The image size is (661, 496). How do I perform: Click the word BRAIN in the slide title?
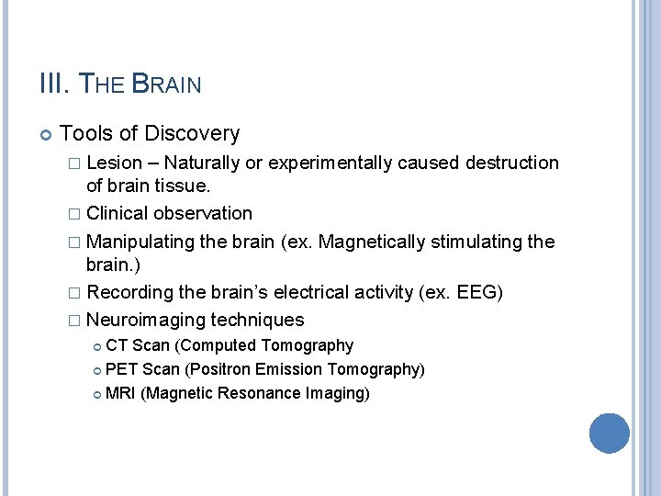point(167,85)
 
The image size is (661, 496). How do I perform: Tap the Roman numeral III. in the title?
point(54,85)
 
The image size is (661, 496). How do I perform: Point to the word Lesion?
point(115,163)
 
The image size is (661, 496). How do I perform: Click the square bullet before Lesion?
point(75,163)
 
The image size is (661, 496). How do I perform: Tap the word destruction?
point(511,163)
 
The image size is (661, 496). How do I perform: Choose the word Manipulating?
point(142,242)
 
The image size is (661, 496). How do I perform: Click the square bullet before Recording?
point(75,293)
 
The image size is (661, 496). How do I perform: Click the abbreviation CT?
point(117,346)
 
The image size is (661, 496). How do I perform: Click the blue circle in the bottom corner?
point(610,433)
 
